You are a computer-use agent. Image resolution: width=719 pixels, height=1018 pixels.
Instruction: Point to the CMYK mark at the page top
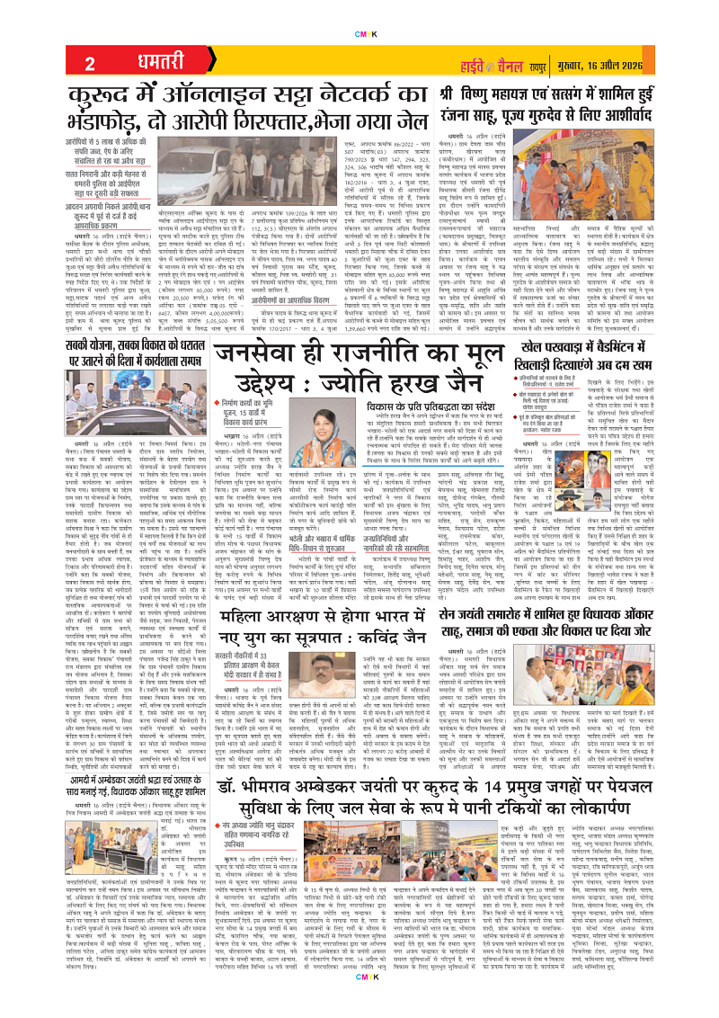click(x=359, y=9)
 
